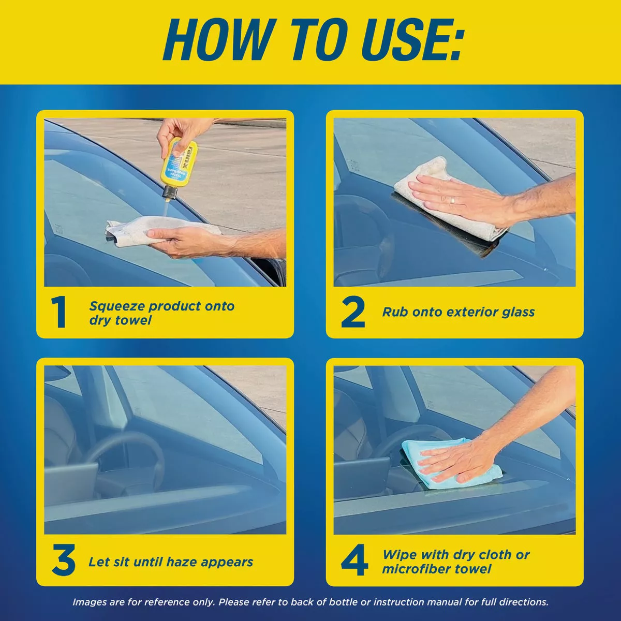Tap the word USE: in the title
tap(413, 40)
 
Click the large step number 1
tap(59, 312)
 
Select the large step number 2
tap(353, 312)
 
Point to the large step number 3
tap(64, 560)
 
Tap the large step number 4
tap(354, 560)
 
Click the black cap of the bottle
tap(170, 193)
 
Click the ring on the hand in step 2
tap(453, 200)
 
